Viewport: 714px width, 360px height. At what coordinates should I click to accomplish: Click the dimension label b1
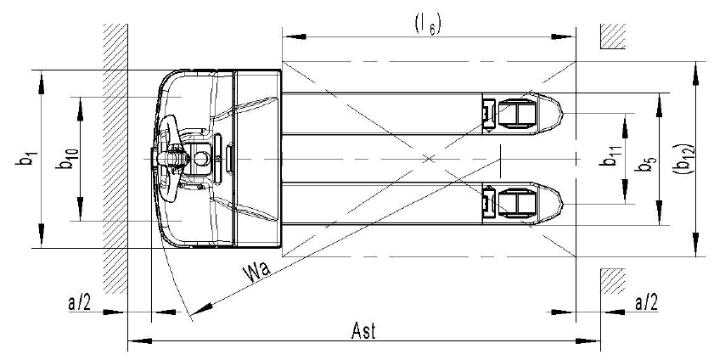coord(31,158)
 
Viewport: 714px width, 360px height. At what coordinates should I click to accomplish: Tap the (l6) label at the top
coord(426,25)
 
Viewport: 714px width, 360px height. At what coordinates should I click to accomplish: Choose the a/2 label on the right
coord(644,301)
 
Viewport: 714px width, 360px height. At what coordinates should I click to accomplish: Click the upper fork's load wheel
coord(516,113)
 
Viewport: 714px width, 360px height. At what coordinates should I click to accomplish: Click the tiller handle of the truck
coord(166,158)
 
